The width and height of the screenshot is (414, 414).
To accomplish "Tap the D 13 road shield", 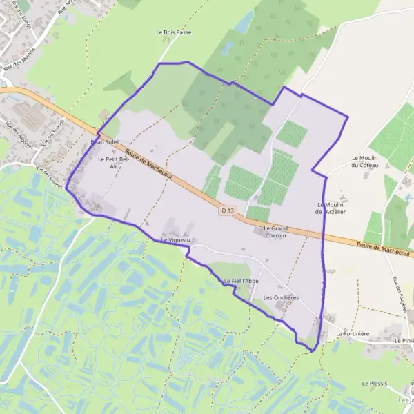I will click(x=228, y=208).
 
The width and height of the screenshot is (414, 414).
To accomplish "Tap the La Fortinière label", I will click(x=353, y=333).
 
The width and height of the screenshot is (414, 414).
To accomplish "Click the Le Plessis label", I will click(x=375, y=383).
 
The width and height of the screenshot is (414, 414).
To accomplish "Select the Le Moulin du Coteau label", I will click(x=366, y=161).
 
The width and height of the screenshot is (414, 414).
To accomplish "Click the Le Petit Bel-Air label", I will click(x=113, y=162).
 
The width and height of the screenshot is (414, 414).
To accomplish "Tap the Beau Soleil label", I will click(x=106, y=141).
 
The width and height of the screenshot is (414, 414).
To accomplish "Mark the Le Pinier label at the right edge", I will click(x=404, y=341).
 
